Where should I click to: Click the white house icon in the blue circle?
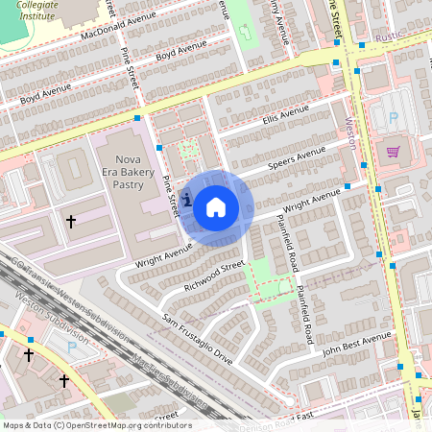pyautogui.click(x=216, y=205)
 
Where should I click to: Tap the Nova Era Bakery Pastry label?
pyautogui.click(x=128, y=170)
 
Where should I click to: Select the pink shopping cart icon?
pyautogui.click(x=393, y=151)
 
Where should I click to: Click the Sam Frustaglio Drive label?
pyautogui.click(x=198, y=339)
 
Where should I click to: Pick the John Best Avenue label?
pyautogui.click(x=355, y=343)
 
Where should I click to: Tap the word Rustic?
pyautogui.click(x=389, y=36)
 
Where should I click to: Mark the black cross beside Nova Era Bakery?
pyautogui.click(x=70, y=222)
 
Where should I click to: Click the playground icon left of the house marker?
pyautogui.click(x=185, y=200)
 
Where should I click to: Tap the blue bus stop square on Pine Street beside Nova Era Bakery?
pyautogui.click(x=158, y=149)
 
